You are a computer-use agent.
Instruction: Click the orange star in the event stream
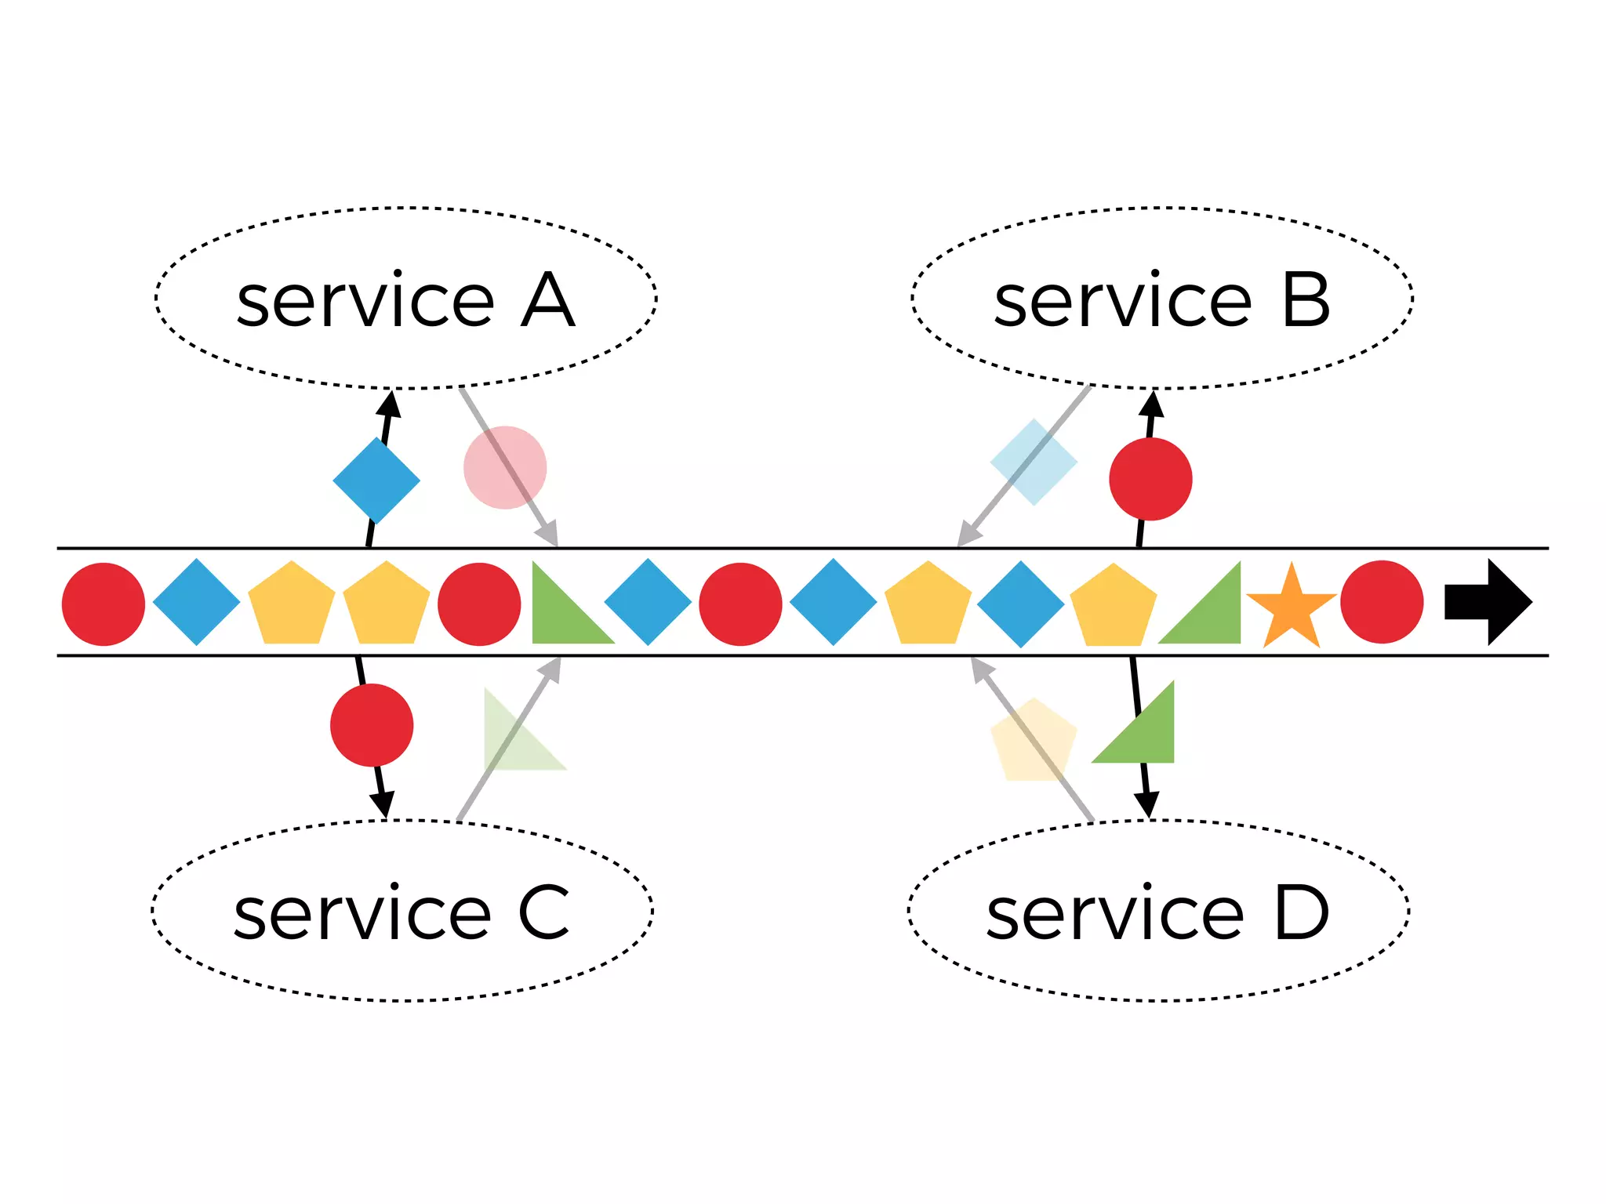pyautogui.click(x=1291, y=607)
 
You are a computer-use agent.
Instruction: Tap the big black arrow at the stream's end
pyautogui.click(x=1487, y=602)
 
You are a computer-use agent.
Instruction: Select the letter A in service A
pyautogui.click(x=547, y=301)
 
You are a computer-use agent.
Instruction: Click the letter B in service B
pyautogui.click(x=1306, y=301)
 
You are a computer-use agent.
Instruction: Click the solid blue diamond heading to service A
pyautogui.click(x=376, y=481)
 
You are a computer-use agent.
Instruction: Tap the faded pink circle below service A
pyautogui.click(x=505, y=468)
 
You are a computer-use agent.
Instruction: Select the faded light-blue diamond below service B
pyautogui.click(x=1034, y=462)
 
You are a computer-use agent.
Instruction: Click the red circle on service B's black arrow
pyautogui.click(x=1150, y=479)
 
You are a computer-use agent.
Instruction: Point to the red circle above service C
pyautogui.click(x=372, y=725)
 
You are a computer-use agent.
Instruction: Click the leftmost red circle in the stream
pyautogui.click(x=104, y=604)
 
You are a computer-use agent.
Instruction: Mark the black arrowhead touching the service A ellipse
pyautogui.click(x=389, y=404)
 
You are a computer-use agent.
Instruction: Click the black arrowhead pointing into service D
pyautogui.click(x=1146, y=804)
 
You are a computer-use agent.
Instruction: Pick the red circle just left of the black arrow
pyautogui.click(x=1382, y=602)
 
